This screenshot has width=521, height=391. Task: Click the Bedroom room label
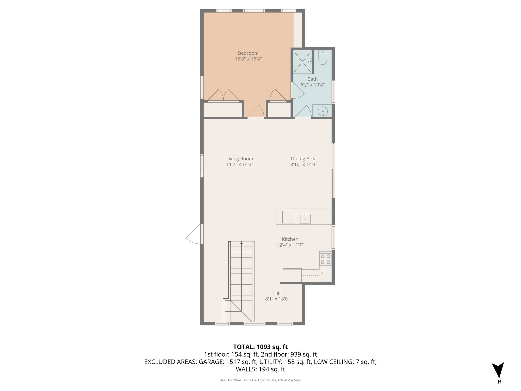tap(248, 53)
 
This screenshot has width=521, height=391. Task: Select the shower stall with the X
tap(302, 62)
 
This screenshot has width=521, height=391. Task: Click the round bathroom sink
tap(323, 111)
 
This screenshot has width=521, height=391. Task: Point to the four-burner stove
tap(325, 259)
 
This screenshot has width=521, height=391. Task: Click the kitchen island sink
tap(305, 218)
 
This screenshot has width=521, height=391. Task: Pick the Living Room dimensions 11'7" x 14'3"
tap(239, 164)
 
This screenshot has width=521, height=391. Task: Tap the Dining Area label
tap(303, 158)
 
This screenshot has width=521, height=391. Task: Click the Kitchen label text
tap(290, 239)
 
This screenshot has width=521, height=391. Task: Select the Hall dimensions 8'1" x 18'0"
tap(277, 299)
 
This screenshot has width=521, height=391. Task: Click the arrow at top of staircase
tap(241, 243)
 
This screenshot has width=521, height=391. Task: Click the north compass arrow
tap(498, 370)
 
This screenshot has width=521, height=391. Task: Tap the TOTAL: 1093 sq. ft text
tap(260, 347)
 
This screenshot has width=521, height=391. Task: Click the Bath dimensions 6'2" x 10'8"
tap(312, 85)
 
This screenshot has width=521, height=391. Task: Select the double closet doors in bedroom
tap(223, 95)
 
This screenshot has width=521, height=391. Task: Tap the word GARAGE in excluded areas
tap(211, 362)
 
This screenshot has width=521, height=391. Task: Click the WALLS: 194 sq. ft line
tap(260, 369)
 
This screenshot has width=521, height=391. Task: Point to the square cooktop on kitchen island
tap(288, 217)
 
